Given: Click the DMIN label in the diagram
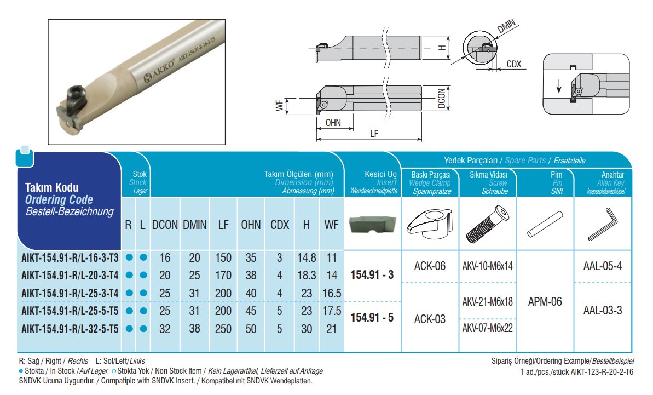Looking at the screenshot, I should coord(507,26).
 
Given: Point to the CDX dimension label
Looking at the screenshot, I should coord(513,64).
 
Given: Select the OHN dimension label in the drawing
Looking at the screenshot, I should coord(333,123).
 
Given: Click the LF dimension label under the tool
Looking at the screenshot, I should coord(374,133).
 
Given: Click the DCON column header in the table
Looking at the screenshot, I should coord(165,225).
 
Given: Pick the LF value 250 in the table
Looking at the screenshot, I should coord(223,329).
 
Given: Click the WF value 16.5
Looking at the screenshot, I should coord(332,293).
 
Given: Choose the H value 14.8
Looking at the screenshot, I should coord(306,257).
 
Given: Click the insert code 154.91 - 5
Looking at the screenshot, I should coord(373,317).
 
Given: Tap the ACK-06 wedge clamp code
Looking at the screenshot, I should coord(430,267).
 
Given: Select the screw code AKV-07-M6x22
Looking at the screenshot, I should coord(487,329).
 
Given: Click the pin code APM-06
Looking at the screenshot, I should coord(545,301).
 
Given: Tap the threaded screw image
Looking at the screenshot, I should coord(487,225).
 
